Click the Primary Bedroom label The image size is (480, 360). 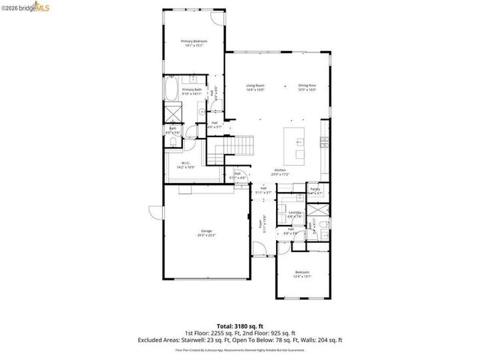click(x=194, y=43)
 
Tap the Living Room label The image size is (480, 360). click(x=256, y=87)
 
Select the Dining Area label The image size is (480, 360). click(x=307, y=87)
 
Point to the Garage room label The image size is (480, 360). click(x=205, y=232)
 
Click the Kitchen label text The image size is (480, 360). click(x=280, y=172)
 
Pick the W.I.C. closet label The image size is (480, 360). click(x=185, y=165)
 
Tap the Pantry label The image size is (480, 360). click(x=315, y=190)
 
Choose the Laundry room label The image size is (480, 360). click(x=295, y=214)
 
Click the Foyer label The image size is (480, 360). click(x=262, y=223)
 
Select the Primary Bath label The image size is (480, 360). click(x=191, y=91)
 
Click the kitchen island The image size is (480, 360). click(x=295, y=144)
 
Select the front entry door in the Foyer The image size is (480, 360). click(x=259, y=250)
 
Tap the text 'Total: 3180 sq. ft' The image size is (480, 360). click(x=240, y=326)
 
